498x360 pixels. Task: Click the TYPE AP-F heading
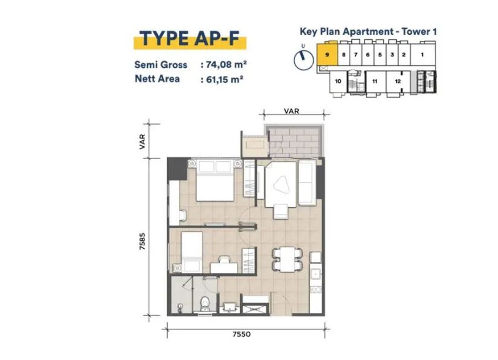coord(190,39)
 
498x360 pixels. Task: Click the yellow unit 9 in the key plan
coord(327,54)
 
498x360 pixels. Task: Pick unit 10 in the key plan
coord(338,81)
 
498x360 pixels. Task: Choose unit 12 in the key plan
coord(398,81)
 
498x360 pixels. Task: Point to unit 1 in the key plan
coord(422,54)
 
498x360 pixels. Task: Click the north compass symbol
coord(303,59)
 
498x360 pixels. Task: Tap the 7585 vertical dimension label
coord(142,241)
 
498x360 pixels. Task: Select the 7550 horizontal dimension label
coord(242,334)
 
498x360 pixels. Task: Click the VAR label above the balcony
coord(292,111)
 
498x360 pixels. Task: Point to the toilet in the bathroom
coord(205,303)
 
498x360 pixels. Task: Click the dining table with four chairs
coord(287,260)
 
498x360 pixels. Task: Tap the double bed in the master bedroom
coord(215,181)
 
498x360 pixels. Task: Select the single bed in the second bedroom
coord(191,252)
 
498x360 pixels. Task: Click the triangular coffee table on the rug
coord(281,185)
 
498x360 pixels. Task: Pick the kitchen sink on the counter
coord(316,274)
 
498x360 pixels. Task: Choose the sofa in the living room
coord(307,183)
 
